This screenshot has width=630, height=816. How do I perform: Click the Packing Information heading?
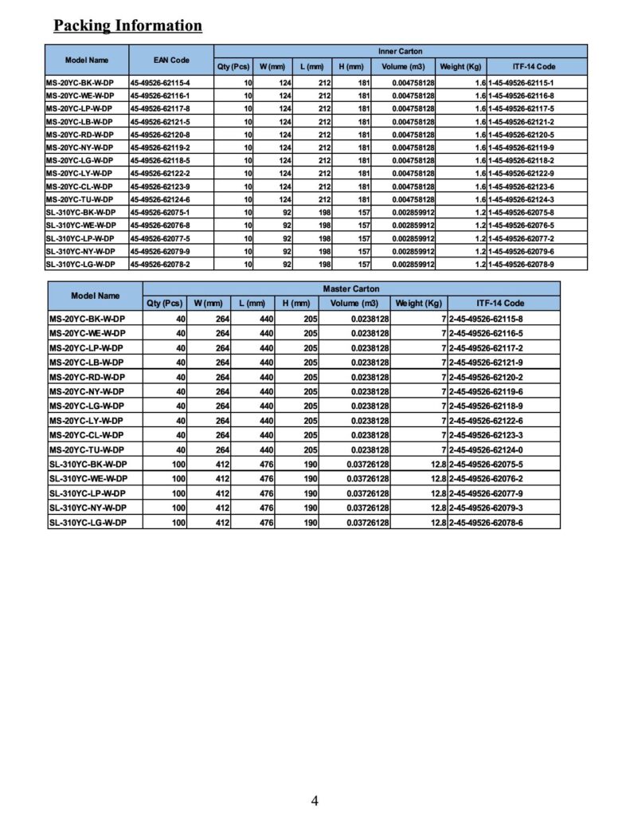click(127, 25)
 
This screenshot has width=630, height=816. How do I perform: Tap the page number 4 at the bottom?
click(315, 800)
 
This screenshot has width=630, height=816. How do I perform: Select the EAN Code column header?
click(171, 60)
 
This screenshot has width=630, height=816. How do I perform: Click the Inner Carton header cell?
click(401, 51)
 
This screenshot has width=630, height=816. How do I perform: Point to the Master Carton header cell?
click(351, 288)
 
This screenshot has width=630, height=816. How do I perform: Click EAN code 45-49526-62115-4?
click(160, 83)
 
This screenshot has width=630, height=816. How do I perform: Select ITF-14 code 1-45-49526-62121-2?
click(521, 122)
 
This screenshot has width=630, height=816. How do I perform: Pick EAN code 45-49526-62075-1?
click(160, 212)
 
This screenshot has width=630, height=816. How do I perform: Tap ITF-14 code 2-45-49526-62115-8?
click(486, 319)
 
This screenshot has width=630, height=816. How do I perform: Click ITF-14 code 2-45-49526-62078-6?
click(486, 522)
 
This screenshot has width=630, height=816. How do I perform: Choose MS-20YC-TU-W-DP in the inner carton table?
click(80, 199)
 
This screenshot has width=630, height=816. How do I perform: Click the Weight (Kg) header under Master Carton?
click(419, 304)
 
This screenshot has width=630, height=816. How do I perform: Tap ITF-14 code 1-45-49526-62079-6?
click(521, 251)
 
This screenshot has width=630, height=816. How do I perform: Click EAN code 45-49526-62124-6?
click(160, 199)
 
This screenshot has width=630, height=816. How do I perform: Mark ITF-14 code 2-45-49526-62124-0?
click(486, 449)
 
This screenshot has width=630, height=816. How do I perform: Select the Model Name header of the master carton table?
click(96, 296)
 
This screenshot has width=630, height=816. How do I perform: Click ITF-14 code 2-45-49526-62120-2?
click(486, 377)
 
